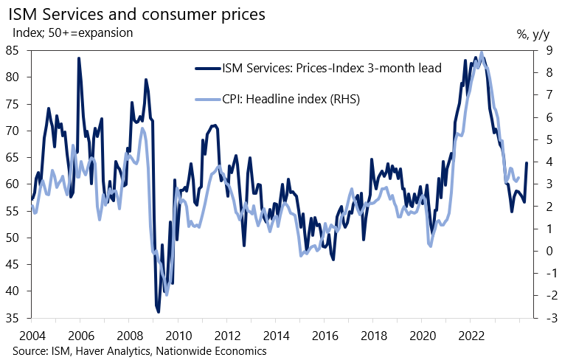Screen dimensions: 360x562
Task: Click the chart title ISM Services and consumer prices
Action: coord(138,14)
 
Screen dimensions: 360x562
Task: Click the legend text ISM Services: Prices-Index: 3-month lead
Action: coord(331,69)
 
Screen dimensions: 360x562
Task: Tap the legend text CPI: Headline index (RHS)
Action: coord(291,99)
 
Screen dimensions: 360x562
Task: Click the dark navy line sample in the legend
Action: coord(207,69)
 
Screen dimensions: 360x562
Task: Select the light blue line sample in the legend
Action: coord(207,99)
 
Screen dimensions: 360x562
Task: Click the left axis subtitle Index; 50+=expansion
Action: coord(72,32)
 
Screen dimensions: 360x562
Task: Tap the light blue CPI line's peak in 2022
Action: coord(482,52)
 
